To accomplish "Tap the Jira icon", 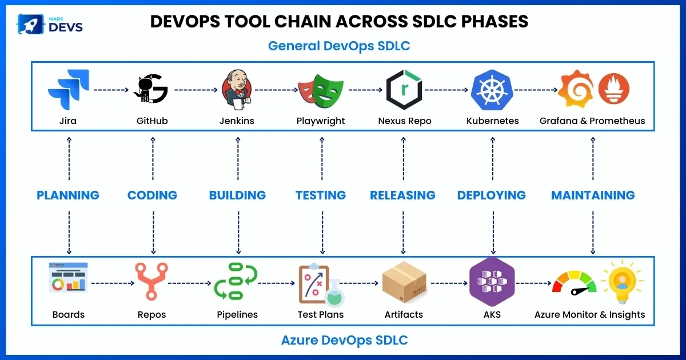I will [68, 90].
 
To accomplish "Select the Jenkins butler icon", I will [237, 90].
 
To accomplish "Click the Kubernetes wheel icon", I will [492, 90].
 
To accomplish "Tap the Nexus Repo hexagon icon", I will [404, 90].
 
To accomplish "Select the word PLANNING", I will [68, 195].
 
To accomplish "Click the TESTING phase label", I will [321, 195].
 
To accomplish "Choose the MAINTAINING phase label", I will [593, 195].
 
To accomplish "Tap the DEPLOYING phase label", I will [492, 195].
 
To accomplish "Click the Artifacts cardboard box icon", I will [404, 282].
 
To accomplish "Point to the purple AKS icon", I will [492, 282].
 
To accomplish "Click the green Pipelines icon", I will [236, 282].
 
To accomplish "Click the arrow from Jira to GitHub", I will [110, 90].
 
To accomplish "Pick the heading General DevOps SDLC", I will [339, 46].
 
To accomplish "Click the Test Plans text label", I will [321, 314].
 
